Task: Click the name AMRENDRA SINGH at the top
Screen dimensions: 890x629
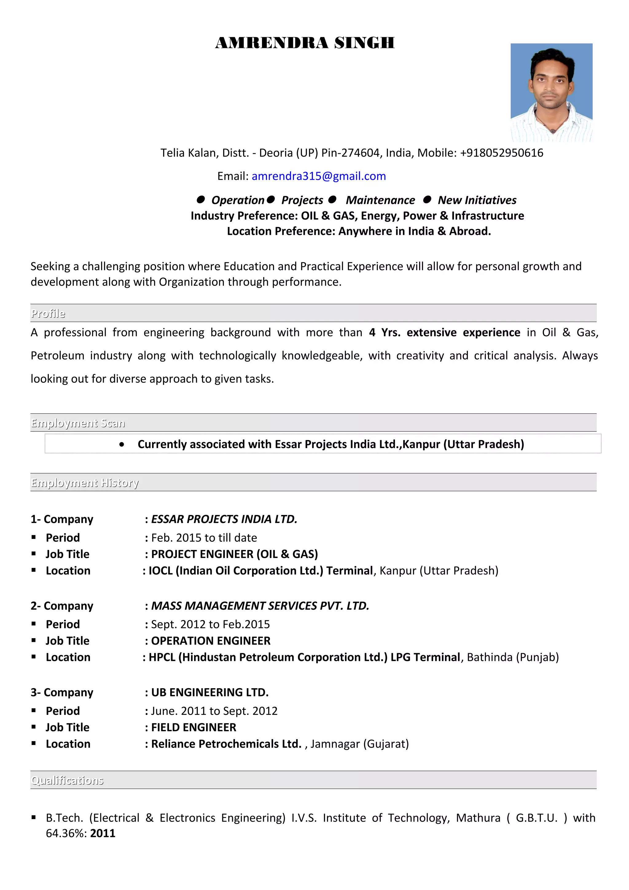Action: coord(305,43)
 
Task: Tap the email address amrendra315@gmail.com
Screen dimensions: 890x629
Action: coord(318,176)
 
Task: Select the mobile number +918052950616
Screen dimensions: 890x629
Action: coord(502,153)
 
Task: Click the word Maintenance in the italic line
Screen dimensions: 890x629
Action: coord(380,201)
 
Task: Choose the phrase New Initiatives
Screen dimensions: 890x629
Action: coord(477,201)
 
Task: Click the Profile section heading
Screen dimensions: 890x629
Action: coord(48,314)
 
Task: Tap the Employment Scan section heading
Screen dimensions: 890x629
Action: coord(78,423)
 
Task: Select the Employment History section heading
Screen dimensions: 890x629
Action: coord(85,483)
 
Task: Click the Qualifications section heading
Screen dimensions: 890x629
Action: coord(67,781)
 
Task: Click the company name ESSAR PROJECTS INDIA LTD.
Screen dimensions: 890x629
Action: coord(224,519)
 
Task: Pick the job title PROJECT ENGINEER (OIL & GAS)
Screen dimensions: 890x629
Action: coord(234,554)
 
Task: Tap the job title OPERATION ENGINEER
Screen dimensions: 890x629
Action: coord(211,641)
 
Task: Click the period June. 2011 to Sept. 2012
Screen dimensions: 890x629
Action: coord(214,711)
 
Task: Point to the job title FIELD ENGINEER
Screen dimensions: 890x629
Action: coord(194,728)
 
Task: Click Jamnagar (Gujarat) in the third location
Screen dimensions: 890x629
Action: coord(360,744)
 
